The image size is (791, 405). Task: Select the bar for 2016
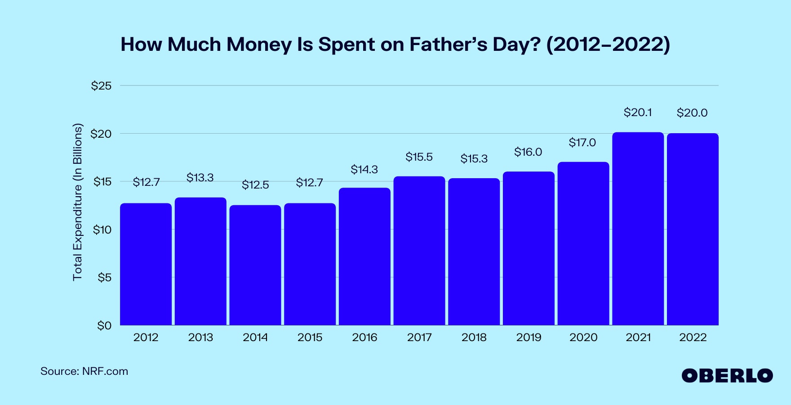click(x=364, y=256)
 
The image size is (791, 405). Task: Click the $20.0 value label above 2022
click(x=692, y=113)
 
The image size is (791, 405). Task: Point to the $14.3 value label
click(x=364, y=170)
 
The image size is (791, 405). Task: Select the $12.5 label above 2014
click(x=255, y=185)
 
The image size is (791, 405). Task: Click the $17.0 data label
click(x=582, y=143)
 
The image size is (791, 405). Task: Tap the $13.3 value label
click(x=200, y=178)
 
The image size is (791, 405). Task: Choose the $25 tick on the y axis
click(x=101, y=86)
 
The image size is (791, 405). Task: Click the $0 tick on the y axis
click(x=104, y=325)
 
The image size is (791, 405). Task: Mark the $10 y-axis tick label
click(x=102, y=230)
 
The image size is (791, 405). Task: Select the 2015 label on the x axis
click(x=310, y=337)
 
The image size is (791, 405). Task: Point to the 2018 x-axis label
click(x=474, y=337)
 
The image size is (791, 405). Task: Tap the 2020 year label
click(x=583, y=337)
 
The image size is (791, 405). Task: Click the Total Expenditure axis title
click(x=78, y=202)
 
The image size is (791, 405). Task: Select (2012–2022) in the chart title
click(x=608, y=45)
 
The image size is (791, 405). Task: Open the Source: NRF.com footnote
click(x=84, y=372)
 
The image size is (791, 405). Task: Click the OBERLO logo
click(x=727, y=376)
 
